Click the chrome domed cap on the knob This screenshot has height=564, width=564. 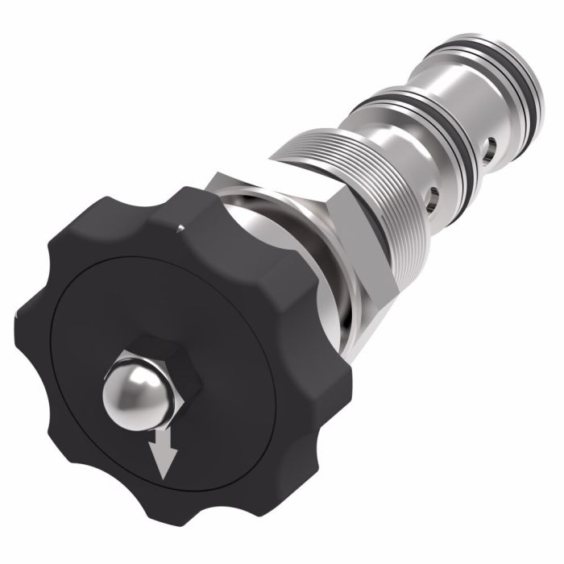point(133,398)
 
